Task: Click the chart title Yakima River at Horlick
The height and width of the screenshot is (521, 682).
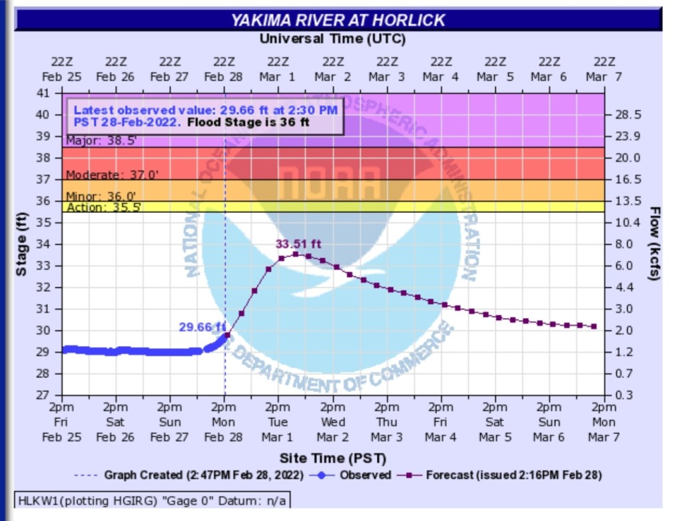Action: pyautogui.click(x=338, y=20)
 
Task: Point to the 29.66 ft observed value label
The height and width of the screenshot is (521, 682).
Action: pyautogui.click(x=202, y=326)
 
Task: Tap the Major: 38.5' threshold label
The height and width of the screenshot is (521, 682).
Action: pyautogui.click(x=93, y=141)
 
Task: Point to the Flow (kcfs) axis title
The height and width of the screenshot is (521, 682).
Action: pyautogui.click(x=655, y=244)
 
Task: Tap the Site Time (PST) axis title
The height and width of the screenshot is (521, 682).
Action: pyautogui.click(x=332, y=458)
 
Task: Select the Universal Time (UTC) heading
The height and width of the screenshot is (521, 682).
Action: pyautogui.click(x=332, y=39)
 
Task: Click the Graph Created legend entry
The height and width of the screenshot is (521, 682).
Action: pyautogui.click(x=200, y=475)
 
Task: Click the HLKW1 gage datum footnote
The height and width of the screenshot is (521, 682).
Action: pyautogui.click(x=153, y=500)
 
